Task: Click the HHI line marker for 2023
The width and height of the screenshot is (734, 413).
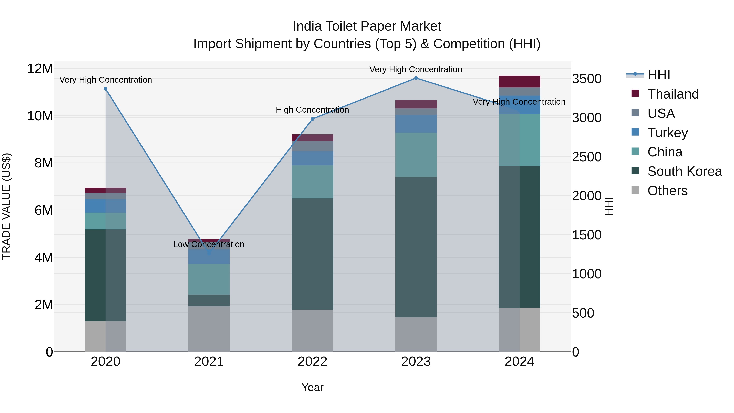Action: [416, 78]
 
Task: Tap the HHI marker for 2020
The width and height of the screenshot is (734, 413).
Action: [105, 89]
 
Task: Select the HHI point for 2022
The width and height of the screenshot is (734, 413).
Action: [312, 119]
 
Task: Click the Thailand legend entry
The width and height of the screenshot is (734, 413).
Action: [673, 94]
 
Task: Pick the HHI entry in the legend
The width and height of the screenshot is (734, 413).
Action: [659, 75]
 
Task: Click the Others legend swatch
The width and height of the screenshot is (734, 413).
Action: [635, 190]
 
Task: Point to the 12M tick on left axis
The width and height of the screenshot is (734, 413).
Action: [40, 69]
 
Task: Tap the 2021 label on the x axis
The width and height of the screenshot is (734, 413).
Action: [209, 362]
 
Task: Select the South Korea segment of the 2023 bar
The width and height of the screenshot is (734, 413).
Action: [416, 247]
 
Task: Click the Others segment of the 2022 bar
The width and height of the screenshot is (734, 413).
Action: [312, 331]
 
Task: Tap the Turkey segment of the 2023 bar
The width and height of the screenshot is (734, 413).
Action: [416, 124]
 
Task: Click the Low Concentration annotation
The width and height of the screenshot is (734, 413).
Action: [209, 244]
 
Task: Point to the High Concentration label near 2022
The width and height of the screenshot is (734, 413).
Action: [312, 110]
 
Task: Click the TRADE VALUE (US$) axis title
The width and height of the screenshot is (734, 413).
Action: [7, 206]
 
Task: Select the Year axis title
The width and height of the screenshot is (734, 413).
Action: [312, 387]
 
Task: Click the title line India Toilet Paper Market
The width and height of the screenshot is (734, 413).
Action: [367, 26]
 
